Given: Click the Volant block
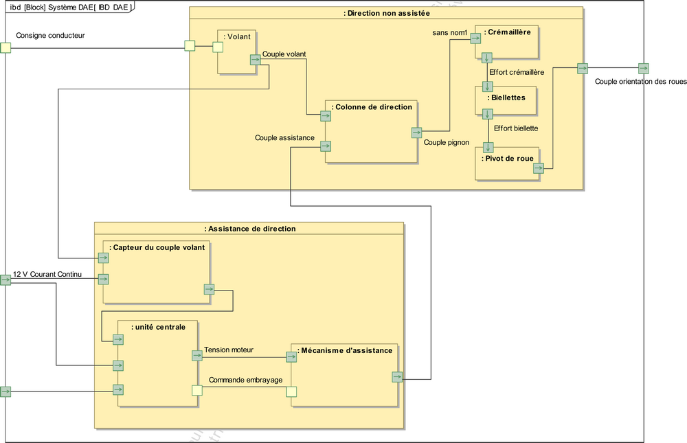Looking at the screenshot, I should [237, 52].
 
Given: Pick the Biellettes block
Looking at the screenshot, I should [508, 100].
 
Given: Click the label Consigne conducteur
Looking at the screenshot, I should [50, 35].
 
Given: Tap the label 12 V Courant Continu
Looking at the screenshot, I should [47, 275].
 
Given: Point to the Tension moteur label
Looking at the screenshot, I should [229, 350].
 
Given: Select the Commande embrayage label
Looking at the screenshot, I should [246, 380].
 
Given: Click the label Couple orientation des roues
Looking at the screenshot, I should [640, 81].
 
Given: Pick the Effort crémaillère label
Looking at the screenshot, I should [517, 72].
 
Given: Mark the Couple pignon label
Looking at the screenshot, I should [447, 143].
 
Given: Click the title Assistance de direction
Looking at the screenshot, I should [250, 229].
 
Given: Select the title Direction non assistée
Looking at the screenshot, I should [386, 13].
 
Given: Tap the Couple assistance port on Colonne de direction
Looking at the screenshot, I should [326, 146].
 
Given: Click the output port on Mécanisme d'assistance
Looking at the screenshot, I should [397, 376].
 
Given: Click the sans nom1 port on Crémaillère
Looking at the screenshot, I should [475, 38].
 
